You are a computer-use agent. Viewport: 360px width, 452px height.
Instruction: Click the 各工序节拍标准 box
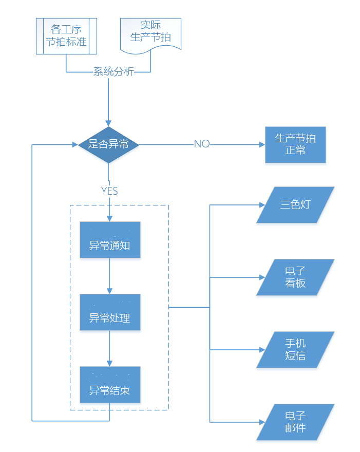point(66,36)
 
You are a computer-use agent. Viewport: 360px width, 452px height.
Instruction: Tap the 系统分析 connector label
point(113,71)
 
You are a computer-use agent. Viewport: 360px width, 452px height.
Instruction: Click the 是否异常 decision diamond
point(108,144)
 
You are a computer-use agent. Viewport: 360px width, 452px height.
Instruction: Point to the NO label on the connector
point(202,144)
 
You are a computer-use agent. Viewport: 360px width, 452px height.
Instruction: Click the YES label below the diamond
point(109,191)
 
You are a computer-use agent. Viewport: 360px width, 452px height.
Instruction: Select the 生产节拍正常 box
point(295,145)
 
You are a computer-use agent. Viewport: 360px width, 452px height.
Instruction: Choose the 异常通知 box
point(110,240)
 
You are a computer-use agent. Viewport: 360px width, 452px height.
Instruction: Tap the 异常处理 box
point(110,312)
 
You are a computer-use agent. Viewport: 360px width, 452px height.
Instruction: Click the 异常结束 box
point(110,385)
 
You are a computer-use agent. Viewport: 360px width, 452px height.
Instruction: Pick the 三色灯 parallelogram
point(295,205)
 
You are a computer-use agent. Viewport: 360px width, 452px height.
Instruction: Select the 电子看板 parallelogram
point(295,277)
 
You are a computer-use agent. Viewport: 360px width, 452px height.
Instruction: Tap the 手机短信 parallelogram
point(295,350)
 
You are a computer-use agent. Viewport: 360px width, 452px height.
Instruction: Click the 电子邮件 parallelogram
point(295,422)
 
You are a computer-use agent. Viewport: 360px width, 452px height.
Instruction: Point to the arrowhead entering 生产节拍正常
point(262,145)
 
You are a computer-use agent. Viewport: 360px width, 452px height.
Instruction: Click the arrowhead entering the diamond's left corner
point(75,144)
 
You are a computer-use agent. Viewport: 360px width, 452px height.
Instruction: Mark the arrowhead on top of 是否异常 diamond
point(108,124)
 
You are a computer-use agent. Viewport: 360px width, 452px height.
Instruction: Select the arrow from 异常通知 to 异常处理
point(109,276)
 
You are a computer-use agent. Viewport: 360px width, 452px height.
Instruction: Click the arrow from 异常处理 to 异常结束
point(109,348)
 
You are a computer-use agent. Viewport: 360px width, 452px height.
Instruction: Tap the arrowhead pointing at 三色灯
point(262,205)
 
